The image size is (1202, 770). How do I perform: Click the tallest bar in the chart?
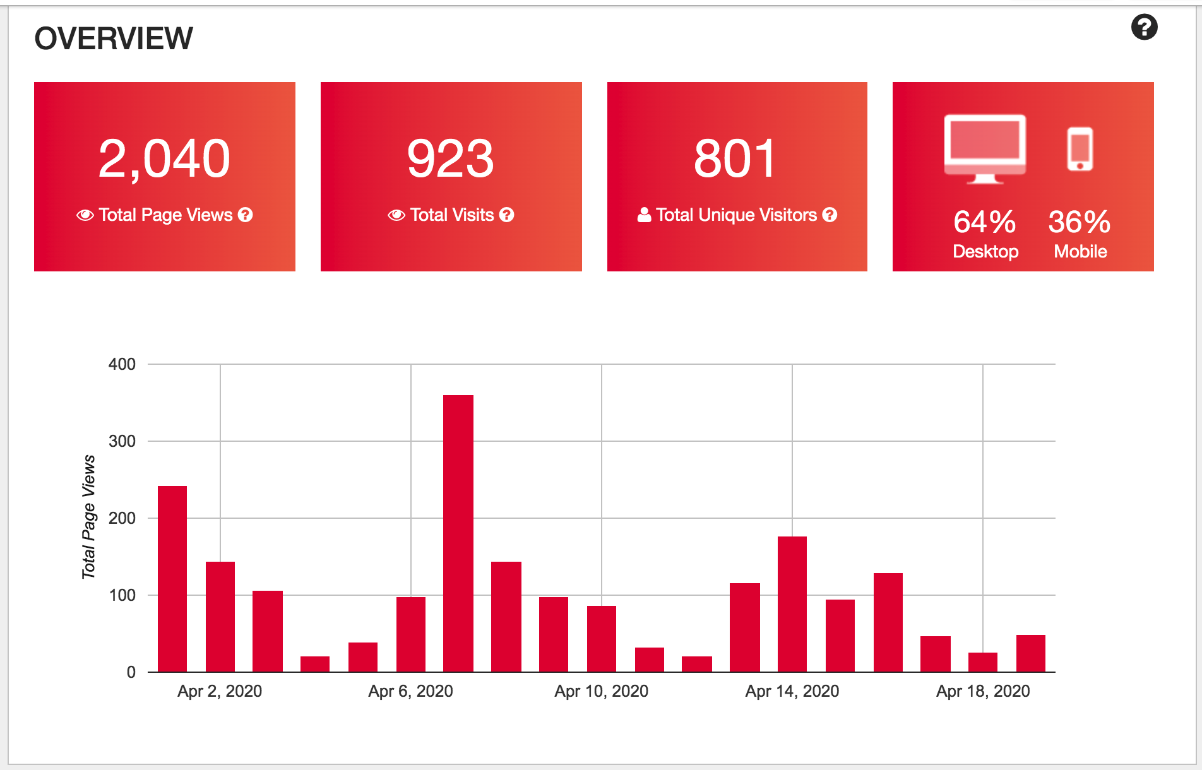(x=458, y=533)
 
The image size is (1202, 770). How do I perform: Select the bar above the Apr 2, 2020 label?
(x=220, y=617)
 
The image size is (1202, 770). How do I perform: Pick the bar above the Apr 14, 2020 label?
(x=792, y=604)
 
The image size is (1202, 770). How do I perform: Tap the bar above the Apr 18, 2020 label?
(x=983, y=662)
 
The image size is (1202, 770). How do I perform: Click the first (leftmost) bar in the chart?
(x=172, y=579)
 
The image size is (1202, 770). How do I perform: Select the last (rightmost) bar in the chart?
(x=1031, y=653)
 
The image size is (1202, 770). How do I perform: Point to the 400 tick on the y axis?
(x=122, y=364)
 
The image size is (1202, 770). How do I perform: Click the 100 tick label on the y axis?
(x=122, y=595)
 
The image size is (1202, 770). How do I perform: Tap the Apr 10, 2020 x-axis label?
(x=601, y=691)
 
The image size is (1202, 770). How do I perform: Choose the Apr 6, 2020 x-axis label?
(x=410, y=691)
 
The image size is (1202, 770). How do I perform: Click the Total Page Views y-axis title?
(x=88, y=517)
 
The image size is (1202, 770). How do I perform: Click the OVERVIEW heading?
(x=114, y=38)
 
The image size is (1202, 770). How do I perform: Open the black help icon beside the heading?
(x=1144, y=27)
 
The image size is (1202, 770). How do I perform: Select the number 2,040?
(x=164, y=158)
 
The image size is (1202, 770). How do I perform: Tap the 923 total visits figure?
(x=450, y=158)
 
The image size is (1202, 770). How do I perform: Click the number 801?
(x=735, y=158)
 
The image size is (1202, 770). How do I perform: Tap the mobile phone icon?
(x=1080, y=149)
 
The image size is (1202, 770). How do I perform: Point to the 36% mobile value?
(x=1080, y=222)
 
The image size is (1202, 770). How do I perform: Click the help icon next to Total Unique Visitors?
(x=830, y=215)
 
